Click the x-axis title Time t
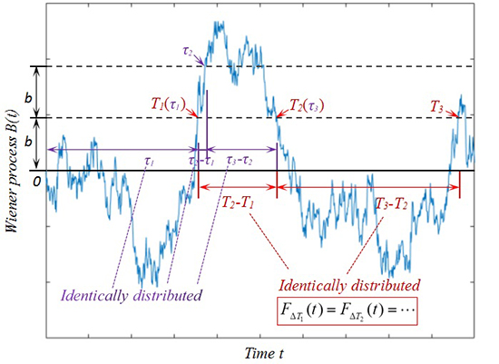tap(271, 350)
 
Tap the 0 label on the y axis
tap(36, 181)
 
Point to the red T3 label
tap(437, 106)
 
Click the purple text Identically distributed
tap(131, 294)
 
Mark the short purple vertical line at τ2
tap(208, 118)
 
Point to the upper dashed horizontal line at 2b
tap(363, 66)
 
